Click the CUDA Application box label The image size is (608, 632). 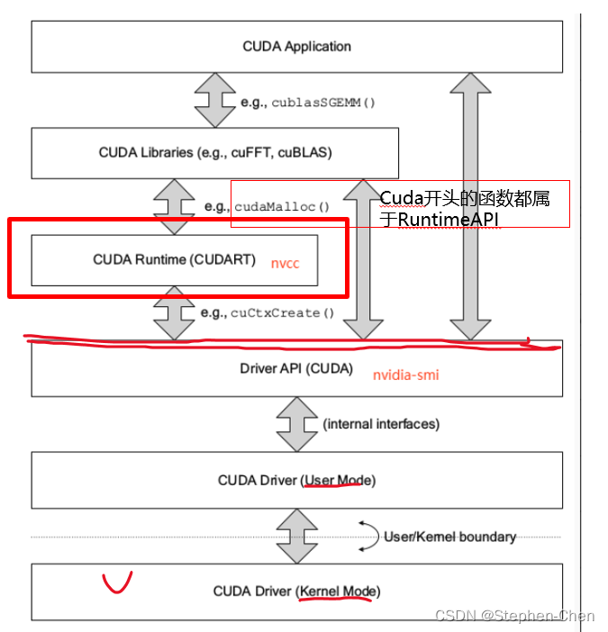pyautogui.click(x=296, y=47)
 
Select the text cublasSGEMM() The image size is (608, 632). pyautogui.click(x=322, y=103)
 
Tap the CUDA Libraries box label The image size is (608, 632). pyautogui.click(x=215, y=153)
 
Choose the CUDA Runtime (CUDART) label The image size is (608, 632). pyautogui.click(x=174, y=260)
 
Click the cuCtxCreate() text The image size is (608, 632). pyautogui.click(x=282, y=313)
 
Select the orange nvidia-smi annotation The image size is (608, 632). pyautogui.click(x=405, y=374)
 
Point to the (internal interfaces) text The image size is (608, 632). pyautogui.click(x=381, y=423)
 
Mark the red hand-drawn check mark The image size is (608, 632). pyautogui.click(x=116, y=582)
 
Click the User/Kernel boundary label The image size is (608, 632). pyautogui.click(x=449, y=537)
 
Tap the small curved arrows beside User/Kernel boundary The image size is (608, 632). pyautogui.click(x=369, y=535)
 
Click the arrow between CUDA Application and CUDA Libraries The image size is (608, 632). pyautogui.click(x=214, y=100)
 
